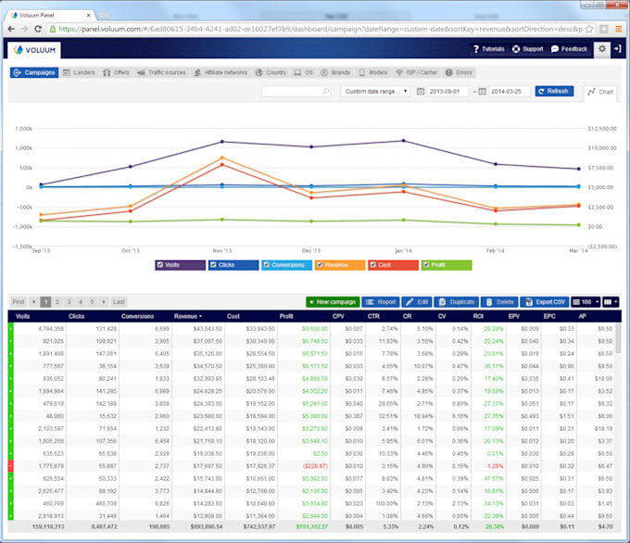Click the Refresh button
tap(553, 91)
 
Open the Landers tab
tap(80, 71)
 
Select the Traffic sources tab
tap(163, 71)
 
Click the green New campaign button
tap(332, 301)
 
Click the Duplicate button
tap(457, 301)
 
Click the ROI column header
tap(479, 316)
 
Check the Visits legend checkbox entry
tap(180, 264)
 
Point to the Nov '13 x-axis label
tap(221, 250)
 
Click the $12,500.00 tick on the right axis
tap(602, 129)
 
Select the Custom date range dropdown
tap(375, 91)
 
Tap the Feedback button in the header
tap(570, 48)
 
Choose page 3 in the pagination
tap(68, 301)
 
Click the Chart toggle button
tap(601, 92)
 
